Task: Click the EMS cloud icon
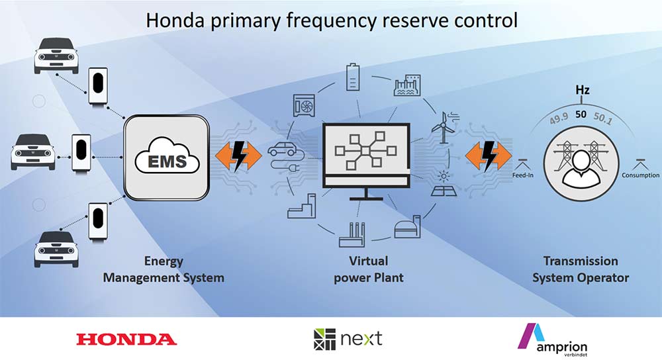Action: pyautogui.click(x=167, y=156)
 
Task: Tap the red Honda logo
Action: pyautogui.click(x=126, y=339)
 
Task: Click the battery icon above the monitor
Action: pyautogui.click(x=353, y=77)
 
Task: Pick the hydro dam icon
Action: pyautogui.click(x=407, y=85)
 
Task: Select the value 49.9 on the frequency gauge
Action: pyautogui.click(x=559, y=118)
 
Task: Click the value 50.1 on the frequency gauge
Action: pyautogui.click(x=602, y=118)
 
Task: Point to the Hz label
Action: pyautogui.click(x=582, y=90)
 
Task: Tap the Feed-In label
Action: pyautogui.click(x=523, y=175)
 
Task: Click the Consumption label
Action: pyautogui.click(x=640, y=175)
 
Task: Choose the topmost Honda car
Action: pyautogui.click(x=56, y=56)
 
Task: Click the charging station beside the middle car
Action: pyautogui.click(x=81, y=152)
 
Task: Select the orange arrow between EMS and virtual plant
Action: pyautogui.click(x=238, y=156)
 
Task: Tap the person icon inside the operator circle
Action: pyautogui.click(x=581, y=169)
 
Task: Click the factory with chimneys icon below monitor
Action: pyautogui.click(x=352, y=235)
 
